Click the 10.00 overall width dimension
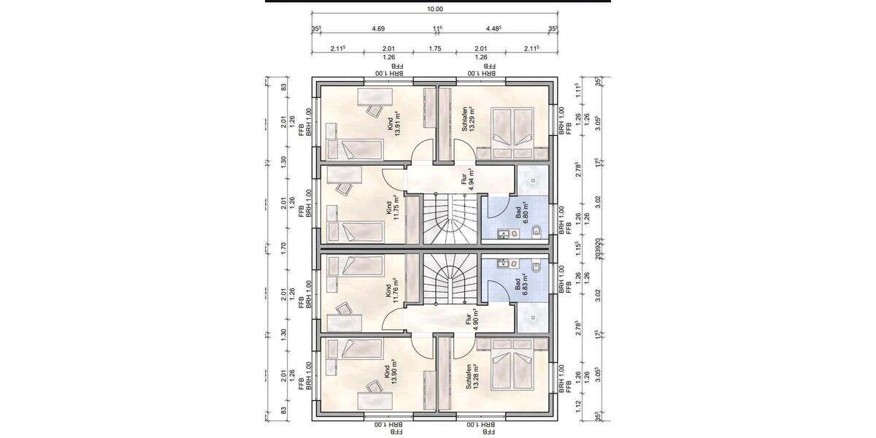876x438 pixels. click(x=436, y=9)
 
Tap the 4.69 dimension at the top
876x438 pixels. click(x=378, y=29)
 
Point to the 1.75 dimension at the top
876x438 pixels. click(x=435, y=48)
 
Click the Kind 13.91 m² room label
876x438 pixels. click(x=395, y=120)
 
